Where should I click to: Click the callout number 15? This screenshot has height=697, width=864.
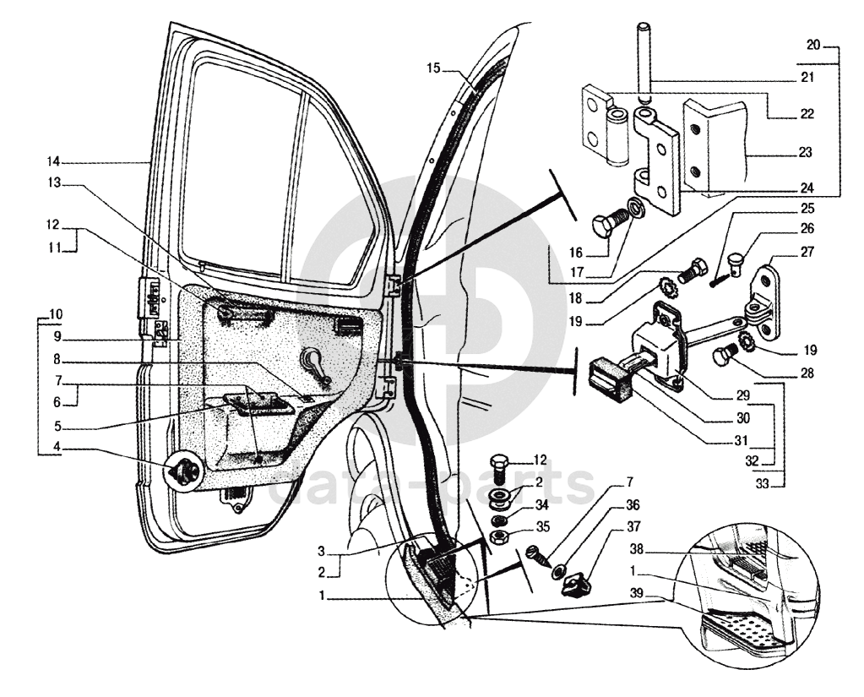432,68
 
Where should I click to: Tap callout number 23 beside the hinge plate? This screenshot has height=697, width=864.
804,153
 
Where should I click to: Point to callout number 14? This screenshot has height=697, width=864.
54,161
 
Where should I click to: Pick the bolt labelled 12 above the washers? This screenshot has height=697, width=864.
498,466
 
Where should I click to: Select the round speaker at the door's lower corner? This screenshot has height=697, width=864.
184,473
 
